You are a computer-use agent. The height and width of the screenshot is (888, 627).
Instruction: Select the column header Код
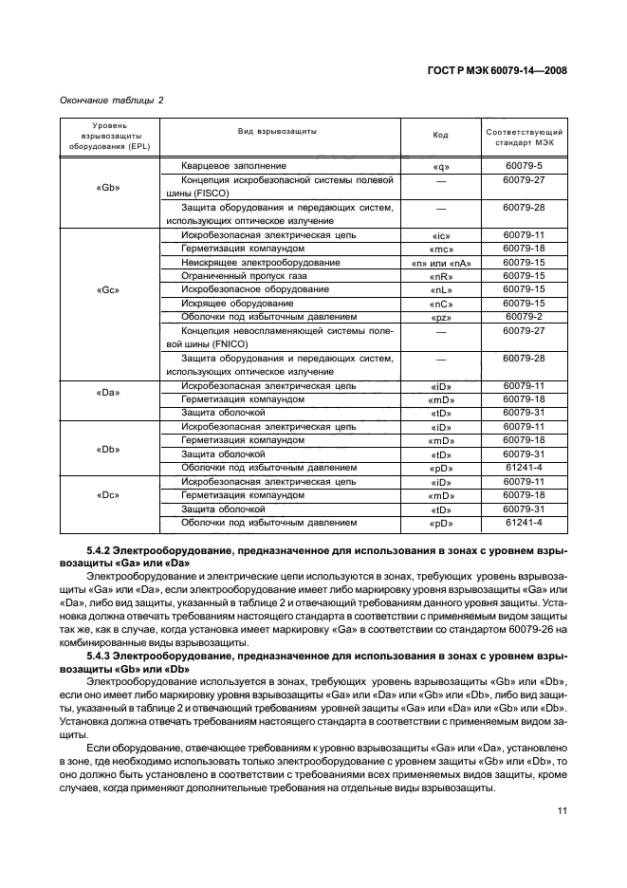coord(440,135)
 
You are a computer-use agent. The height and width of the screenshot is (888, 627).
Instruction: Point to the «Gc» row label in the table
coord(108,288)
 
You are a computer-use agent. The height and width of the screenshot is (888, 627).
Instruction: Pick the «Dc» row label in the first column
coord(108,494)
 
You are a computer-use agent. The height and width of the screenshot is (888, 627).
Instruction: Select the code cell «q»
coord(440,166)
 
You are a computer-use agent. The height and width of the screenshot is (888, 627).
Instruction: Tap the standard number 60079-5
coord(524,165)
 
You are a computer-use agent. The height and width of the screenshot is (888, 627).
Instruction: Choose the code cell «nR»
coord(440,276)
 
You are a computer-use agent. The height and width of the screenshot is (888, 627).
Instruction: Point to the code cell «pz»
coord(440,317)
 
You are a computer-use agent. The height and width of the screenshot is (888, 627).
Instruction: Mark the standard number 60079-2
coord(524,316)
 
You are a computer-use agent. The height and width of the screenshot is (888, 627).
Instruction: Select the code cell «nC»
coord(440,304)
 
